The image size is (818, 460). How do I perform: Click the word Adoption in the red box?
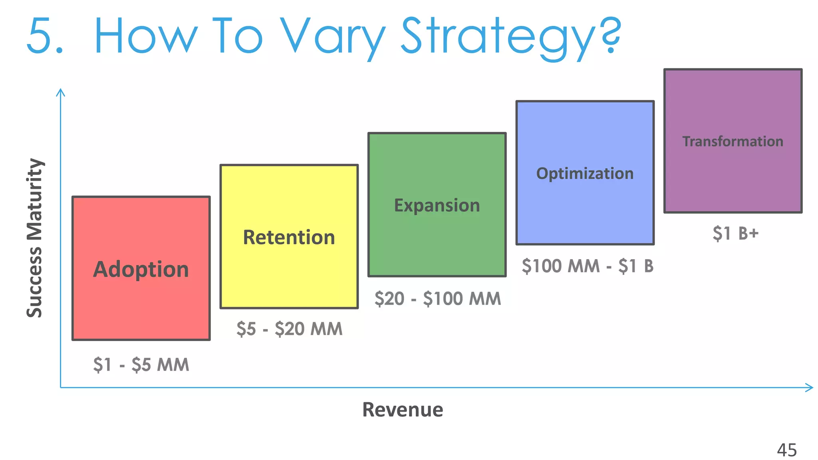pyautogui.click(x=141, y=270)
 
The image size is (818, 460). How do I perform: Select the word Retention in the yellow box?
pyautogui.click(x=289, y=238)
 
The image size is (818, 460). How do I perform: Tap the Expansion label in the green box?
pyautogui.click(x=437, y=206)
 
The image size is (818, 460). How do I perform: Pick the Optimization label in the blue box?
pyautogui.click(x=585, y=174)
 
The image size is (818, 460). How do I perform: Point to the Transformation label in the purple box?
pyautogui.click(x=733, y=141)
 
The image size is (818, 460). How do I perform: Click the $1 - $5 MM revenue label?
pyautogui.click(x=141, y=365)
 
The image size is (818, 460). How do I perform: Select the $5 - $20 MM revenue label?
pyautogui.click(x=289, y=329)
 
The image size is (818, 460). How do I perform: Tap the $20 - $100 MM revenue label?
pyautogui.click(x=437, y=299)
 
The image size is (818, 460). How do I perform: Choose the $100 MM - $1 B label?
pyautogui.click(x=587, y=266)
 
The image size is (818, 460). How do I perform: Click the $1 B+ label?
pyautogui.click(x=735, y=233)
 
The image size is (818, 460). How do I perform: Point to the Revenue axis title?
pyautogui.click(x=403, y=410)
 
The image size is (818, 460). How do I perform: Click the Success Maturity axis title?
pyautogui.click(x=35, y=238)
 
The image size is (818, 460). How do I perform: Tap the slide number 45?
pyautogui.click(x=786, y=450)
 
